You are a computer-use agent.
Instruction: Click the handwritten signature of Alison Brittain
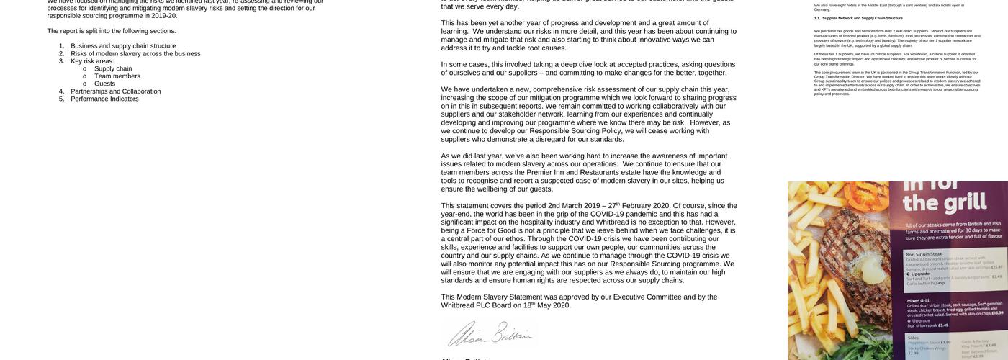[x=490, y=335]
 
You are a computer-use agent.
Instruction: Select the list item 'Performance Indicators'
[x=104, y=99]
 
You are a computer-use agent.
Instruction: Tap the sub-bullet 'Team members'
[x=117, y=76]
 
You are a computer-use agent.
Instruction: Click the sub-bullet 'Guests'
[x=104, y=84]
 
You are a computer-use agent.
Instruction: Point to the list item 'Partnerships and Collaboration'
[x=115, y=91]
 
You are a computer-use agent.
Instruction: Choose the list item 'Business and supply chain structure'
[x=122, y=46]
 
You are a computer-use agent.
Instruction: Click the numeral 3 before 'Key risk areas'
[x=61, y=61]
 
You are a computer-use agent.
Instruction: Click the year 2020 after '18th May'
[x=559, y=305]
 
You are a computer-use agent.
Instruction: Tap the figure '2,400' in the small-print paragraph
[x=896, y=31]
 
